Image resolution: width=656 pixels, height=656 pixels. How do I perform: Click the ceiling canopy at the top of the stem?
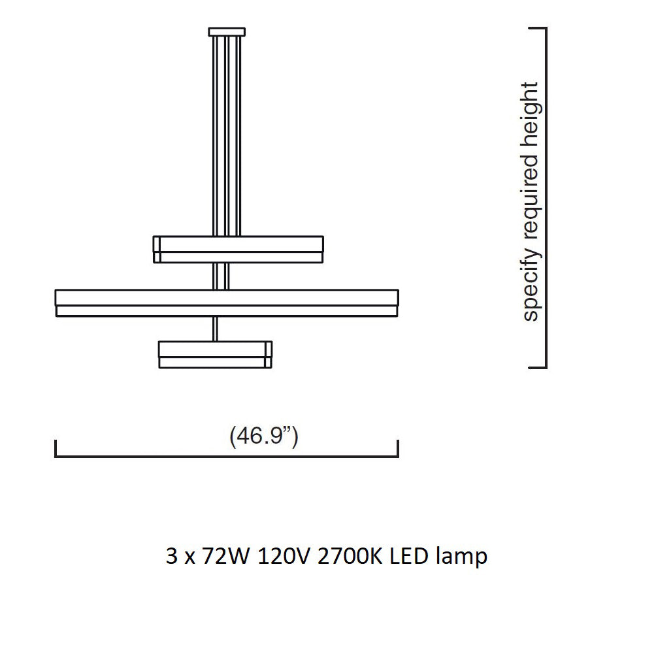pos(227,31)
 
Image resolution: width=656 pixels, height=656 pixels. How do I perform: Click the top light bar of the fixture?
pos(238,249)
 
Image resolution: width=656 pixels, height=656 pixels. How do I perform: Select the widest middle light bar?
pos(227,303)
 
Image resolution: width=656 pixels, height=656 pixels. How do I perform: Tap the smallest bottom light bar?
pos(215,353)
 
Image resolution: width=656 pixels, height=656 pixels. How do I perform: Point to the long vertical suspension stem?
pos(227,131)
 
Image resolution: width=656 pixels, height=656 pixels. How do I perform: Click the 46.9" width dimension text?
pos(264,436)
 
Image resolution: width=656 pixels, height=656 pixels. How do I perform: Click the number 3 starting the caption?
pos(172,557)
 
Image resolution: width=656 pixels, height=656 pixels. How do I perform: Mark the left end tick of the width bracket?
pos(56,449)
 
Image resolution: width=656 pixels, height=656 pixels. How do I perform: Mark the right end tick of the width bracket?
pos(398,449)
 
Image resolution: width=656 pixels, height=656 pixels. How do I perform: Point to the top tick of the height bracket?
pos(537,29)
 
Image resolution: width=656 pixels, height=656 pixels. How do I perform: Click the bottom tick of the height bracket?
pos(537,368)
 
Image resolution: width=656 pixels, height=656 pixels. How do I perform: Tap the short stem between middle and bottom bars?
pos(216,329)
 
